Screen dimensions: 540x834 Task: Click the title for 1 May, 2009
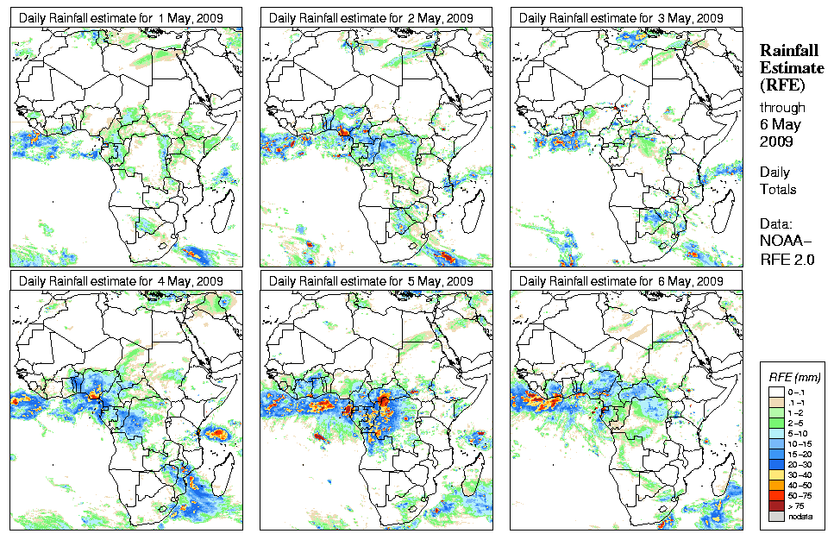[x=122, y=17]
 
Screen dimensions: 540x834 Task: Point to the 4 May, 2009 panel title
[x=122, y=281]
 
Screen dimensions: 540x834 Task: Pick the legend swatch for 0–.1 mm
[x=774, y=392]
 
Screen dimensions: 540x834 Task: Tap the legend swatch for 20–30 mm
[x=774, y=462]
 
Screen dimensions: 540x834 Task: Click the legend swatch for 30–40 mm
[x=774, y=473]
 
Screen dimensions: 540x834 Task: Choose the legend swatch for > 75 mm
[x=774, y=505]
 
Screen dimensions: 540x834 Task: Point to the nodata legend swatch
[x=774, y=516]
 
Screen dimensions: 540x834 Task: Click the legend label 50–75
[x=798, y=494]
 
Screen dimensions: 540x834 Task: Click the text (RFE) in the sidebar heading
[x=781, y=85]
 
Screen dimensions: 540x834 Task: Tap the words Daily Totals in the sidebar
[x=778, y=181]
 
